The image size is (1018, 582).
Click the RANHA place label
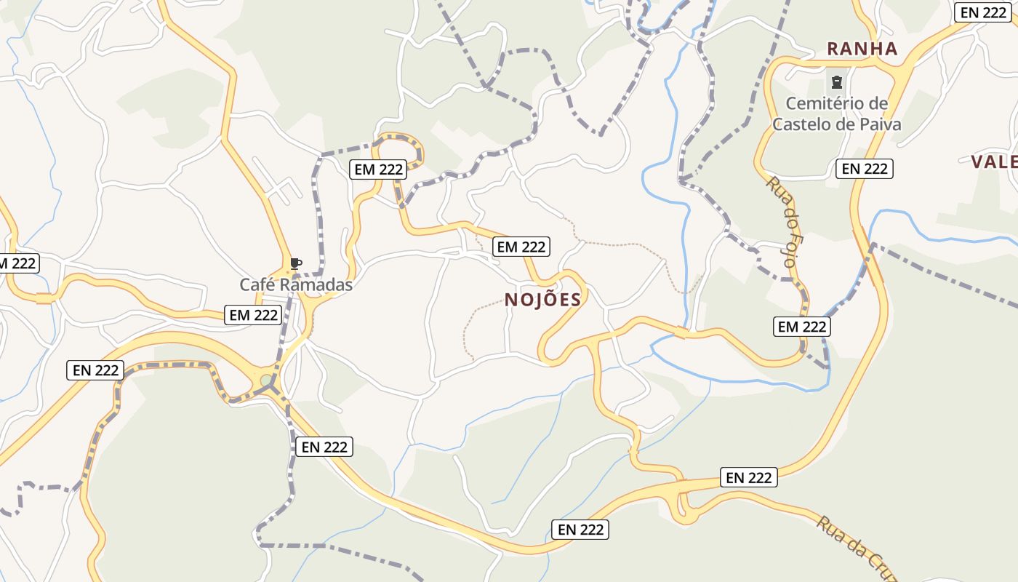(x=862, y=49)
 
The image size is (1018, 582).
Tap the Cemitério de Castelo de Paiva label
(x=836, y=113)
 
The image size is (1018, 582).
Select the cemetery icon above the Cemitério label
(x=836, y=81)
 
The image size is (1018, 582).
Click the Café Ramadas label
(x=296, y=284)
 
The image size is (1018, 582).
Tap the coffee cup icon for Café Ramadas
(x=295, y=263)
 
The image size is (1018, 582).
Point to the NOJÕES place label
(x=543, y=300)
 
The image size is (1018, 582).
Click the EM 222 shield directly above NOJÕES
(x=521, y=247)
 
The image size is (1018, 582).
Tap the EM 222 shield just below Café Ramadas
(x=253, y=315)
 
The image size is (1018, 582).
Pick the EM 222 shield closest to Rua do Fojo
(x=802, y=327)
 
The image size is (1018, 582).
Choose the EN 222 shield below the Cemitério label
(x=864, y=169)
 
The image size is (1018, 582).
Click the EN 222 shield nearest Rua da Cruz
(x=749, y=477)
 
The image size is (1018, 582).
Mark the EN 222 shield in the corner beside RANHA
(x=983, y=12)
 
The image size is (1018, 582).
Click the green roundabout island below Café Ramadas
(x=267, y=380)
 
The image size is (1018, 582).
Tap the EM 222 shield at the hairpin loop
(x=378, y=170)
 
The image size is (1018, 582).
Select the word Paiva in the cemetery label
(x=881, y=124)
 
